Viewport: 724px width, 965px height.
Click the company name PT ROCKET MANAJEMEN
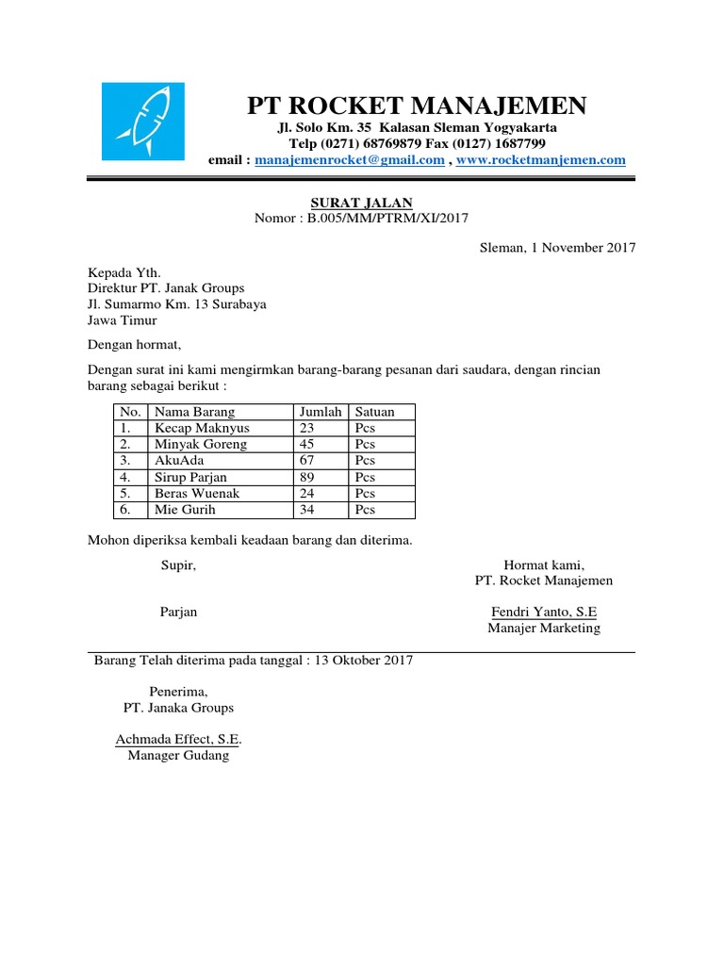[x=416, y=104]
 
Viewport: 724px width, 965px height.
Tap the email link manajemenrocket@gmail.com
[x=349, y=160]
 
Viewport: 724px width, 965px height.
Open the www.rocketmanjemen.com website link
[x=540, y=160]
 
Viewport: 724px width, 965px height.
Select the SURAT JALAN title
[x=362, y=203]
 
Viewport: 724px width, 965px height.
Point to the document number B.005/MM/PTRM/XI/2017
[x=387, y=219]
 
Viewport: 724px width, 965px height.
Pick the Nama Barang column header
[x=195, y=412]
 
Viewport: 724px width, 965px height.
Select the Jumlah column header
[x=320, y=412]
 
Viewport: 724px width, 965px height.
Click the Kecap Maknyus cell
[x=202, y=428]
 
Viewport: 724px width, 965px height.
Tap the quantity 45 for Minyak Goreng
[x=306, y=444]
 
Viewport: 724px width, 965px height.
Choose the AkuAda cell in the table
[x=179, y=461]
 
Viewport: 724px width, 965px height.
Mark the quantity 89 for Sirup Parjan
[x=306, y=477]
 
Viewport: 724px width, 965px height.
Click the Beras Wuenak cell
[x=197, y=493]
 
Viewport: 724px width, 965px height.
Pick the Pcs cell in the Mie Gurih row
[x=365, y=510]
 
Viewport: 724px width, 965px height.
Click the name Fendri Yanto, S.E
[x=544, y=612]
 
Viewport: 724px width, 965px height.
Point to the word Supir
[x=178, y=565]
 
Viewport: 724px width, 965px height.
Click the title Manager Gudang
[x=178, y=756]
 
